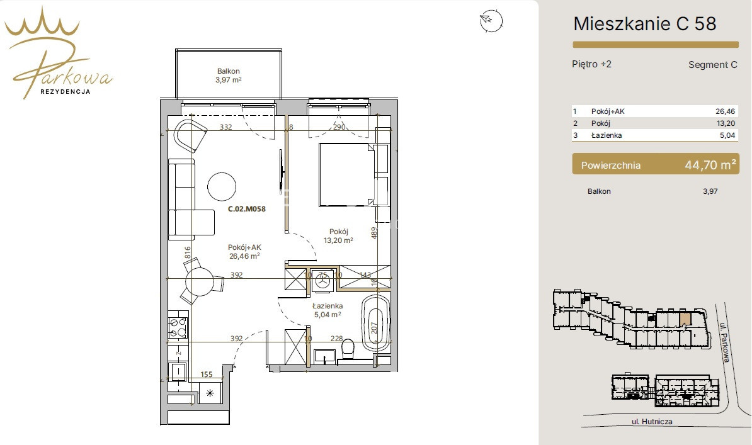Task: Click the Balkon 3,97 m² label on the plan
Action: pyautogui.click(x=228, y=76)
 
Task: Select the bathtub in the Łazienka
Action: pyautogui.click(x=375, y=323)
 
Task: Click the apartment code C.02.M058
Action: pyautogui.click(x=246, y=209)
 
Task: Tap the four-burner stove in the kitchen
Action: pyautogui.click(x=178, y=327)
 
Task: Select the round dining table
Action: pyautogui.click(x=200, y=281)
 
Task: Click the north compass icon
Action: pyautogui.click(x=491, y=20)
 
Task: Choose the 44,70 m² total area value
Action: pyautogui.click(x=710, y=165)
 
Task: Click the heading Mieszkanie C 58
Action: pyautogui.click(x=644, y=23)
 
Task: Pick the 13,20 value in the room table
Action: pyautogui.click(x=725, y=123)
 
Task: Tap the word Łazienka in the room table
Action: pyautogui.click(x=607, y=135)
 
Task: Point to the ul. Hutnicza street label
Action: pyautogui.click(x=652, y=422)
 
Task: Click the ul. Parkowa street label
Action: pyautogui.click(x=725, y=341)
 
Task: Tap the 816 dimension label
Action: pyautogui.click(x=188, y=252)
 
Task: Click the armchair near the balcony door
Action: pyautogui.click(x=191, y=135)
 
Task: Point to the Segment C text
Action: pyautogui.click(x=713, y=65)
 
